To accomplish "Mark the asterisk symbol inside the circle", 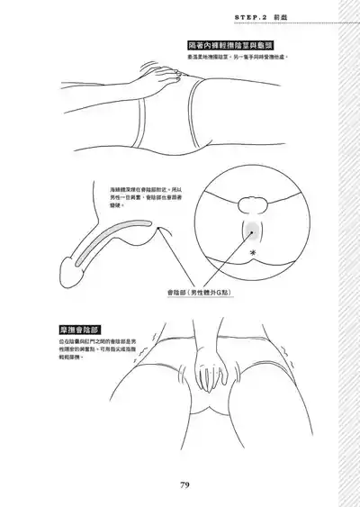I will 251,255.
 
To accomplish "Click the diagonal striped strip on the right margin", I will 346,253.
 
